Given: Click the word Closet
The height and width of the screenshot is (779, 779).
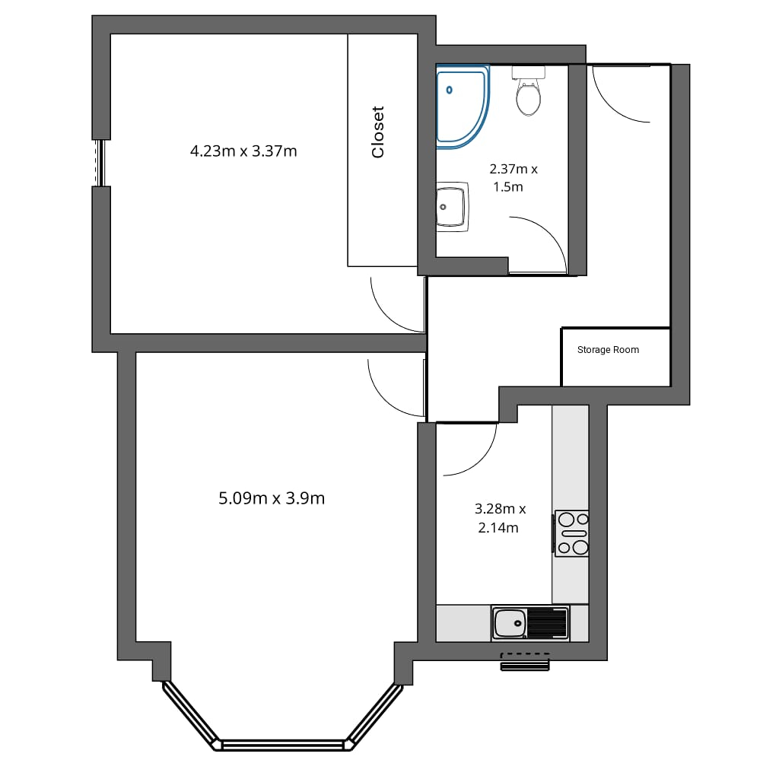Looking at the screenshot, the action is [x=378, y=132].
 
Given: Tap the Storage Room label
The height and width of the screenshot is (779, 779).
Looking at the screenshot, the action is [x=608, y=350].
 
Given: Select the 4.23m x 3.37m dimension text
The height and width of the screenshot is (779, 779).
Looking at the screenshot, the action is [x=243, y=151].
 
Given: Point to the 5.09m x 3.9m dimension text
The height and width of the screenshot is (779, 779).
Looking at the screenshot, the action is [x=272, y=498].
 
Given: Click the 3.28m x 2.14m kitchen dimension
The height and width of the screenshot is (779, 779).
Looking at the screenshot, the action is [x=500, y=518].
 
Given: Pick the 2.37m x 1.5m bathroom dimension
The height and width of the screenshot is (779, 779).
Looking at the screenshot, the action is [x=514, y=178].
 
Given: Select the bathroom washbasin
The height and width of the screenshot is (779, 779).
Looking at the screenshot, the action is [x=452, y=207].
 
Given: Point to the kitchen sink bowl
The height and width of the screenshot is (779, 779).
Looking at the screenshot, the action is [x=510, y=623].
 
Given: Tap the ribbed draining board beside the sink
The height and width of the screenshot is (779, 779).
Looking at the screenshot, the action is [x=548, y=623].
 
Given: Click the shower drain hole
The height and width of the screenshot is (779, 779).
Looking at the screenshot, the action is [x=449, y=90].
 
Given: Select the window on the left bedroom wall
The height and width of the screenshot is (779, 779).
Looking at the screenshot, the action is [x=101, y=163].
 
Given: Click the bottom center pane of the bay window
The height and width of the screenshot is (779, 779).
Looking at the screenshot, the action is [x=283, y=745].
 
